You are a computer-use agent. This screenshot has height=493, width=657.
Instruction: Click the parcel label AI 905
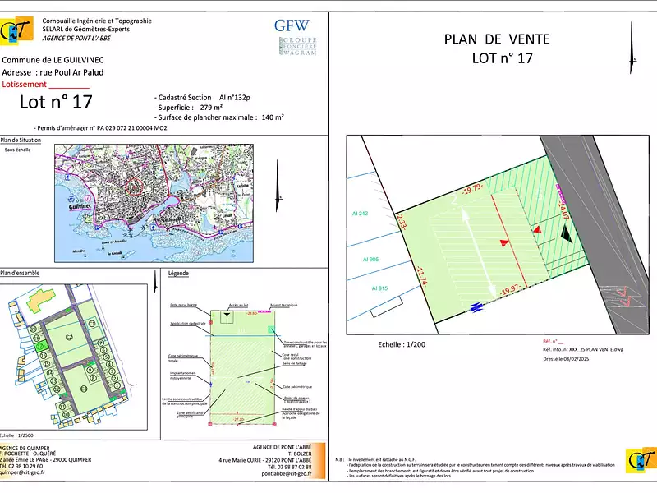pos(371,260)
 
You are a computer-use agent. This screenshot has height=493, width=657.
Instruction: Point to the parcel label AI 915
pos(379,288)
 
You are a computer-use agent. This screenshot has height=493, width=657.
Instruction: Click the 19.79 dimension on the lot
pos(472,191)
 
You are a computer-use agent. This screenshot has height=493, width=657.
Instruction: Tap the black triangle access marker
pos(566,234)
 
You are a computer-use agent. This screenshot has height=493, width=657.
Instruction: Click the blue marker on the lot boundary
pos(476,308)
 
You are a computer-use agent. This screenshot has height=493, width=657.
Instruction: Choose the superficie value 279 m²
pos(211,108)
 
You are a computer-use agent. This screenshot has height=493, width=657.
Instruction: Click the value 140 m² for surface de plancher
pos(273,117)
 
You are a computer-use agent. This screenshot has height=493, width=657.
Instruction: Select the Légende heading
pos(178,273)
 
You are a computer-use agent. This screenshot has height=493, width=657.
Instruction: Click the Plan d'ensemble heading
pos(20,273)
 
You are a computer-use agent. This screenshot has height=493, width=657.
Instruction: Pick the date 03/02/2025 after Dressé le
pos(582,359)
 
